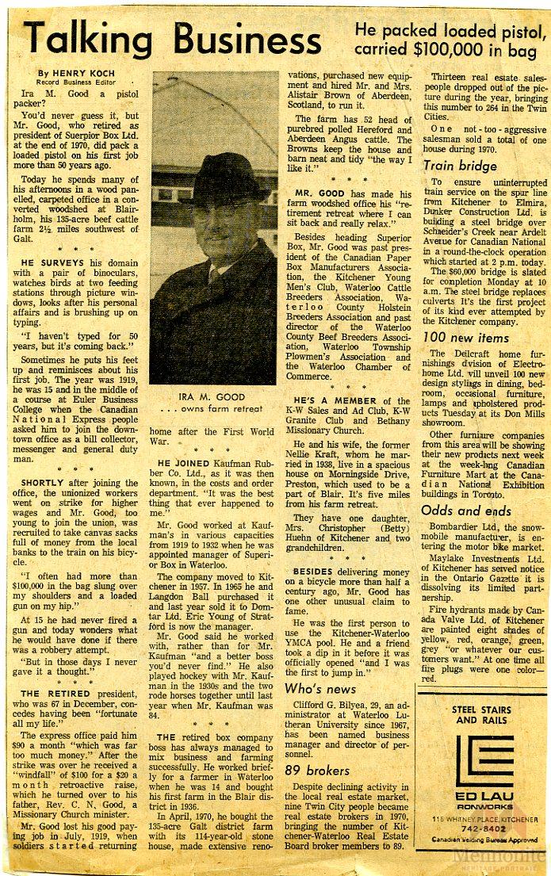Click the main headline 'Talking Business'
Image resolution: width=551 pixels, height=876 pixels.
pos(182,38)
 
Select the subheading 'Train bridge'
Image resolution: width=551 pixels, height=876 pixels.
pos(460,166)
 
